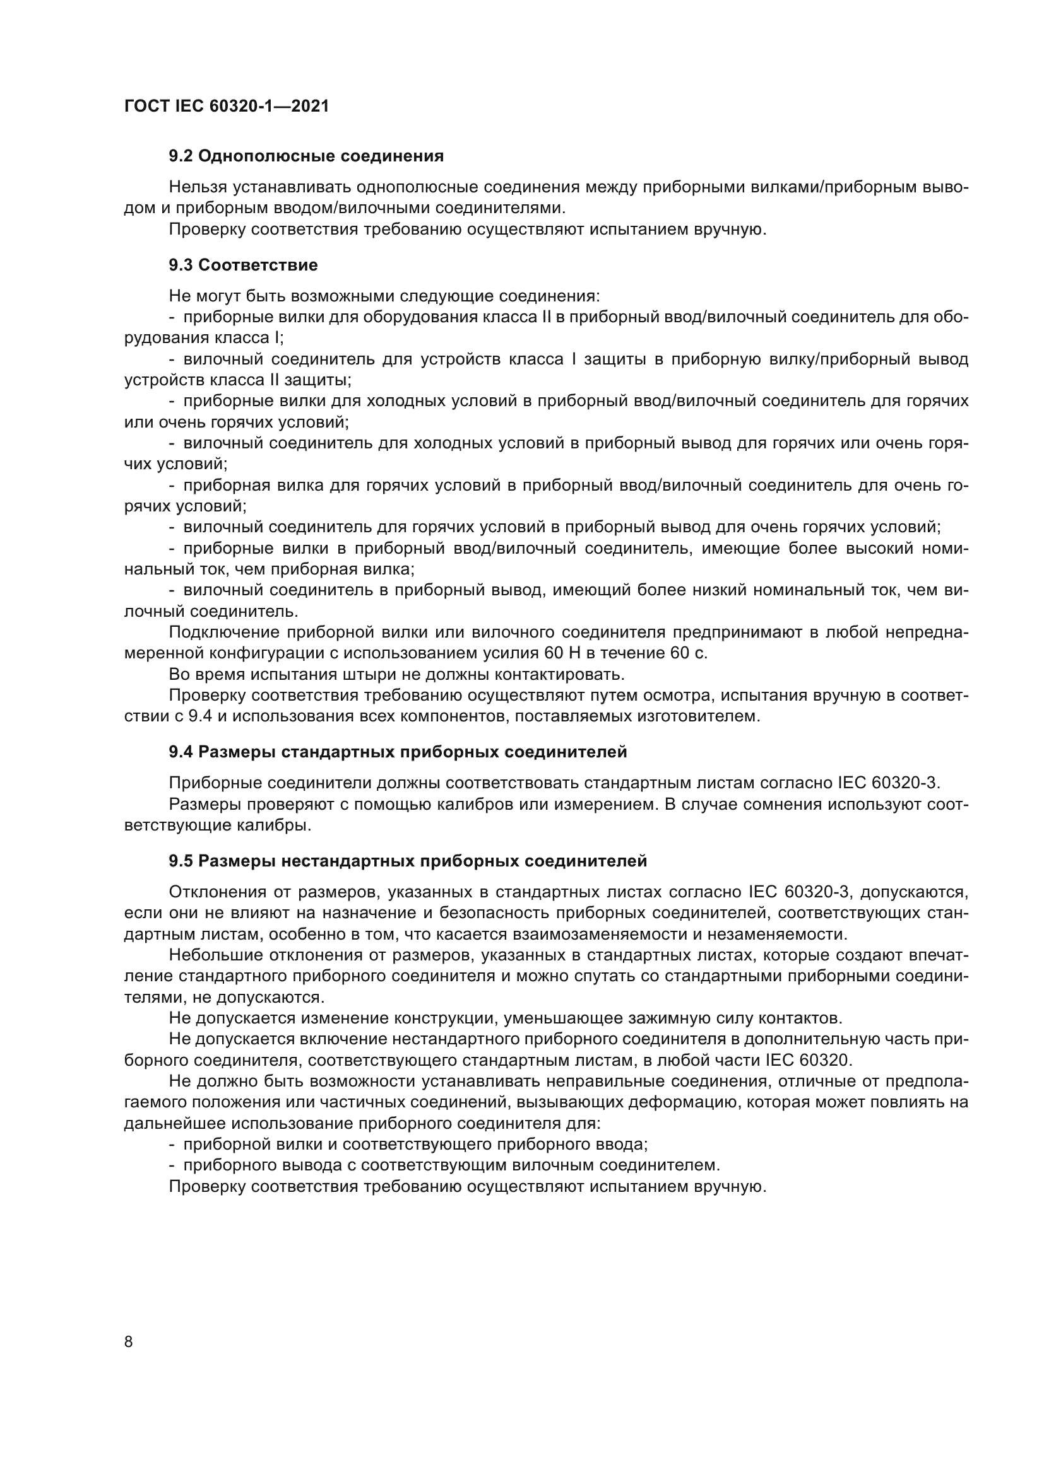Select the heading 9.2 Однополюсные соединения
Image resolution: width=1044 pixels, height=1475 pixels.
pyautogui.click(x=306, y=156)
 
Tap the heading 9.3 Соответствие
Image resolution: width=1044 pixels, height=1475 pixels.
pyautogui.click(x=243, y=265)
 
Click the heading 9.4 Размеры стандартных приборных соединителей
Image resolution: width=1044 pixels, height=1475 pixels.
pyautogui.click(x=397, y=752)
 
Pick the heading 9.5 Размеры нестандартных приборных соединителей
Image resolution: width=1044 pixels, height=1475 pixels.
pyautogui.click(x=408, y=860)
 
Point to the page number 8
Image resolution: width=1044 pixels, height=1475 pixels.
pyautogui.click(x=128, y=1342)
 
